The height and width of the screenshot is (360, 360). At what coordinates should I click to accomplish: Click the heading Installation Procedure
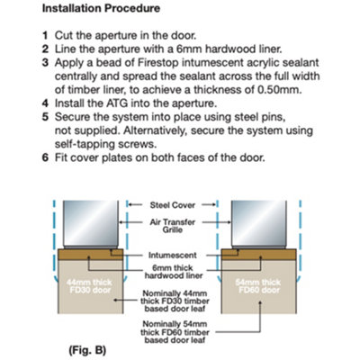(x=101, y=8)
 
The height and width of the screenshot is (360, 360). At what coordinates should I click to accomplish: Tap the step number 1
(x=45, y=35)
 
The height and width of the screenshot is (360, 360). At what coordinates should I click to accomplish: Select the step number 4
(x=45, y=103)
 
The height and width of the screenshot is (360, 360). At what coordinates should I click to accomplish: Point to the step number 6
(x=45, y=157)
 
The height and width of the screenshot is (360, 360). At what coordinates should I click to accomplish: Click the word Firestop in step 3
(x=157, y=63)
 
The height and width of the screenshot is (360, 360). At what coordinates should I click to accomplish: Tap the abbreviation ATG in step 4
(x=117, y=103)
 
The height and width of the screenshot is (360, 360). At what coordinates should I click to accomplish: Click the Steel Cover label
(x=173, y=205)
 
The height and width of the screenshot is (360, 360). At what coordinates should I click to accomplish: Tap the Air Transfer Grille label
(x=173, y=226)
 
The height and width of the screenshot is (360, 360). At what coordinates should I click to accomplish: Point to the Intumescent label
(x=173, y=256)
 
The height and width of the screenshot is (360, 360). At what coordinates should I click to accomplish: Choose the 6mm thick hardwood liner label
(x=174, y=272)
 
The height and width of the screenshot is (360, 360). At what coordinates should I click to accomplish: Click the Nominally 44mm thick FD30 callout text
(x=175, y=301)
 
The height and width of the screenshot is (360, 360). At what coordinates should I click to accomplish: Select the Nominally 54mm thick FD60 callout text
(x=175, y=332)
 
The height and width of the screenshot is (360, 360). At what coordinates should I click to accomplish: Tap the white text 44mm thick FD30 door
(x=89, y=286)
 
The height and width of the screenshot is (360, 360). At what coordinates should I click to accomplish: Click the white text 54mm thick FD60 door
(x=258, y=286)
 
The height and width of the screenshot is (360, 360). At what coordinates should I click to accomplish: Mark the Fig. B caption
(x=87, y=350)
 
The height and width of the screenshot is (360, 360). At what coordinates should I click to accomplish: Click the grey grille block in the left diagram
(x=91, y=223)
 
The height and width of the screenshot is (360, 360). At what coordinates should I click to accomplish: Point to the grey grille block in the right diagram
(x=259, y=223)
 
